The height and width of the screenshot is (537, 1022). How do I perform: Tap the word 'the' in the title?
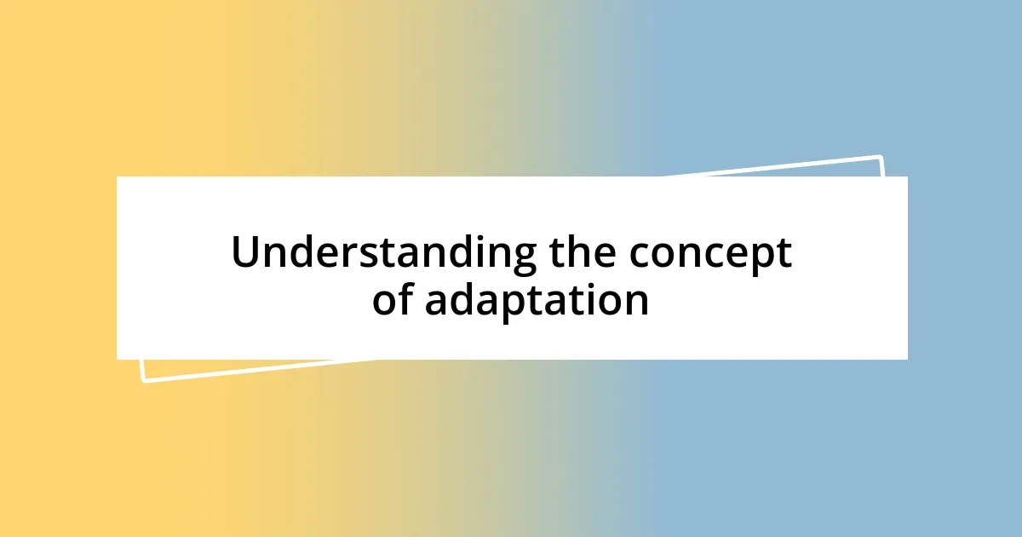pos(582,254)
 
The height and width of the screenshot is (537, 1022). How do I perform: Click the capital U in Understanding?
pos(245,254)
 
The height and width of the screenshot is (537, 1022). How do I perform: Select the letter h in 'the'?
pos(581,252)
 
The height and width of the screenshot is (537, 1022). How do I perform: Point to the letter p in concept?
pos(761,259)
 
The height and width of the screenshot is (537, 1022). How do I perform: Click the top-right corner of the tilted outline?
pos(880,157)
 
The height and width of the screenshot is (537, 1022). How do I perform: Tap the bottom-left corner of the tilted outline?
pos(143,381)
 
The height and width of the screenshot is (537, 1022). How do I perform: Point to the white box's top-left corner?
pos(118,177)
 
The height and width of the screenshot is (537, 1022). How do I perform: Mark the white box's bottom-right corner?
pos(907,359)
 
